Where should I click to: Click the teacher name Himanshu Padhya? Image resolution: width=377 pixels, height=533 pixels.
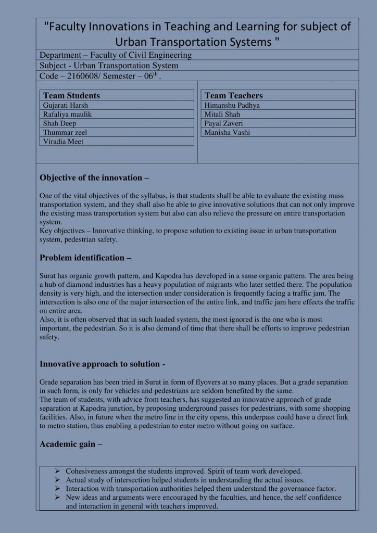point(232,105)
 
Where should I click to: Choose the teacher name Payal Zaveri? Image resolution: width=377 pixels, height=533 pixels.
point(224,123)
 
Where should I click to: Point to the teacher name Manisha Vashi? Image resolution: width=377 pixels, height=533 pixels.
point(228,132)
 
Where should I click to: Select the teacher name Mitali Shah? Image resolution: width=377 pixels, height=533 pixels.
point(222,114)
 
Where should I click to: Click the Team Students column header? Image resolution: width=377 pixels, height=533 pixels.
point(71,96)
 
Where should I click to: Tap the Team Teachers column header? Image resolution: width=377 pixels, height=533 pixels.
point(234,96)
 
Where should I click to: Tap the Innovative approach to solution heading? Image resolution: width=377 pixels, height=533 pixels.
point(103,364)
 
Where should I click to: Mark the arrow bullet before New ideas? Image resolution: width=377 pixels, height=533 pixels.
point(58,497)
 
